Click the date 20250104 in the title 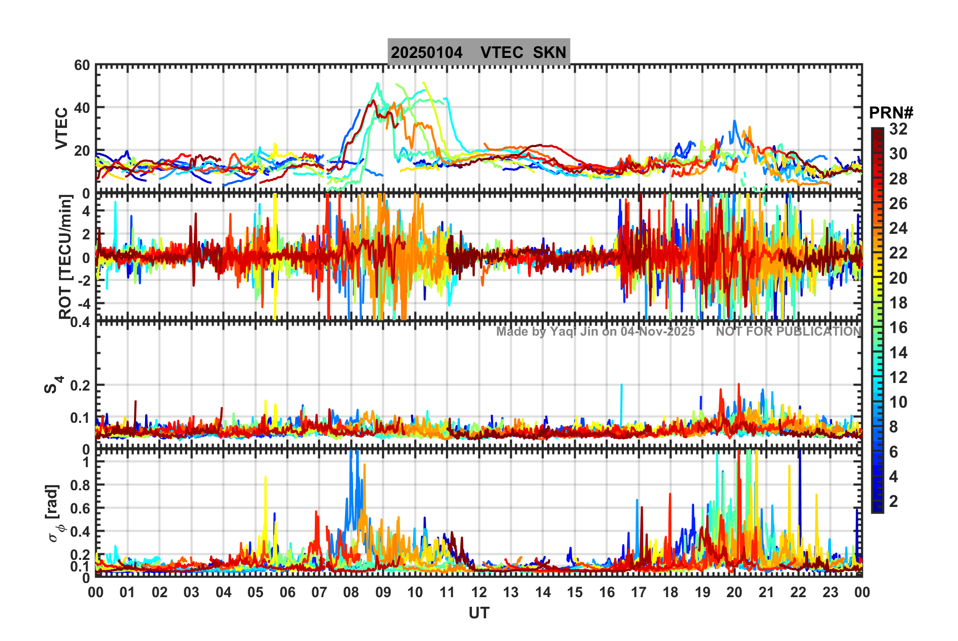coord(427,52)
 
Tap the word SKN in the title coord(550,52)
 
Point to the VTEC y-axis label coord(61,129)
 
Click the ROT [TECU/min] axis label coord(65,257)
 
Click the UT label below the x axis coord(478,613)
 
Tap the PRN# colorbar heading coord(891,113)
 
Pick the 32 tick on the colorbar coord(898,129)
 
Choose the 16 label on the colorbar coord(898,328)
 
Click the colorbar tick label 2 coord(894,501)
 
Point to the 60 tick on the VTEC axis coord(82,66)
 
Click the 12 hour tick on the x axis coord(479,592)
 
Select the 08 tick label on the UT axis coord(351,592)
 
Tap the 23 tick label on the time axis coord(830,592)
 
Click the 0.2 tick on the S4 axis coord(80,386)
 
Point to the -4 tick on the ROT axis coord(83,303)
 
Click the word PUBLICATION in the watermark coord(813,332)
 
